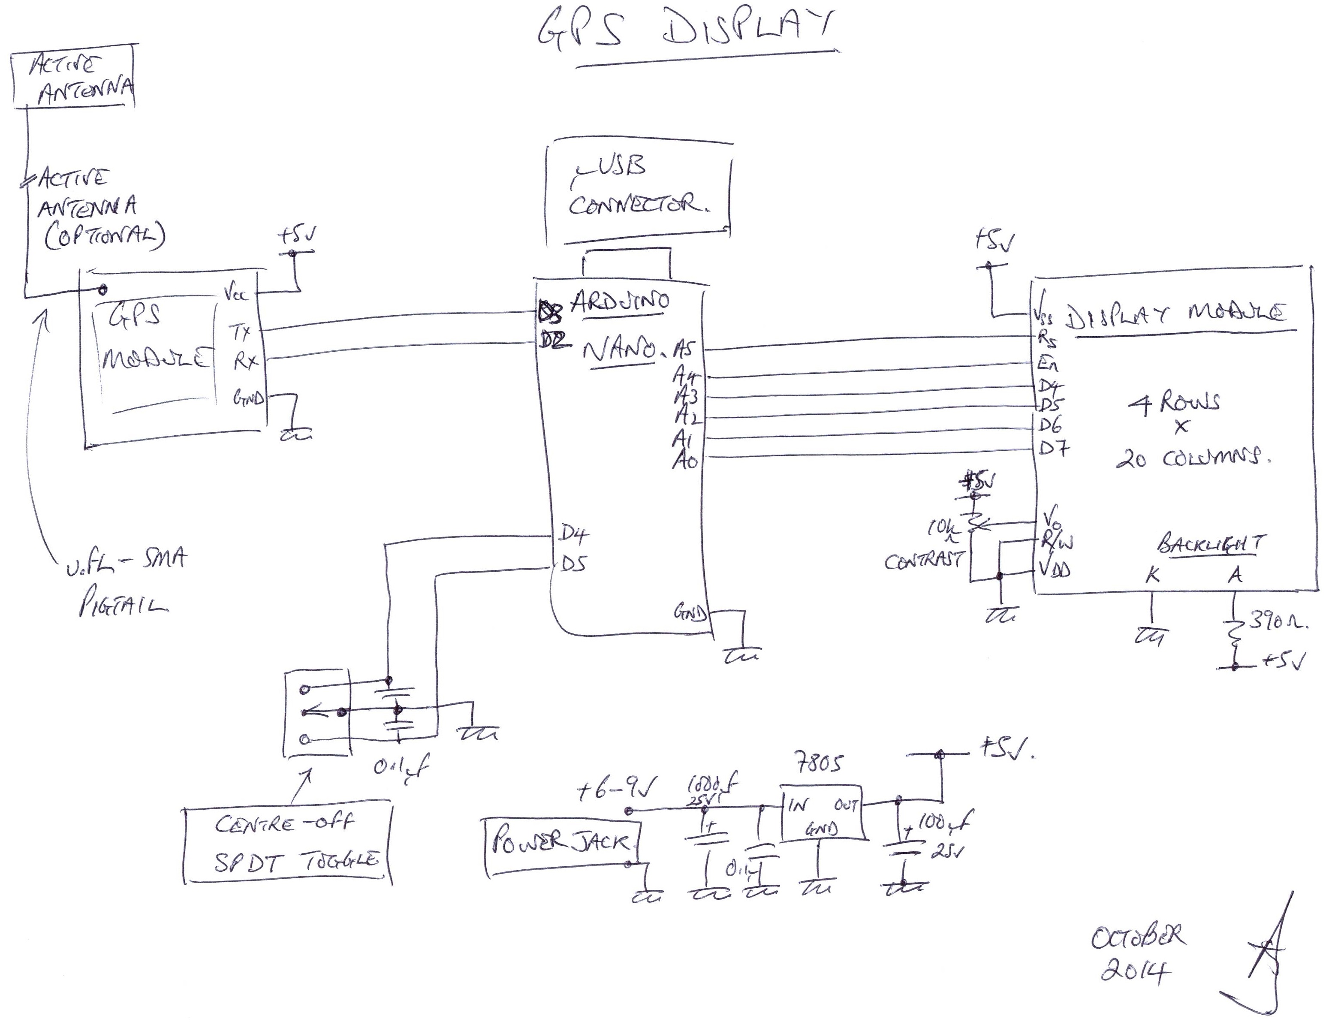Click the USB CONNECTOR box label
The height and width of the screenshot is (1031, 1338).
(637, 187)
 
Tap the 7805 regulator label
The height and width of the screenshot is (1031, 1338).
(819, 763)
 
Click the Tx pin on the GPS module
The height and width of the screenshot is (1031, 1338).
(241, 333)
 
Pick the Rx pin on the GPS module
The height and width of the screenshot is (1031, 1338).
(244, 362)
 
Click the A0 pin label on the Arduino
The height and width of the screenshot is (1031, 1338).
(684, 461)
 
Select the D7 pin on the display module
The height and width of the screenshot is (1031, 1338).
(1053, 449)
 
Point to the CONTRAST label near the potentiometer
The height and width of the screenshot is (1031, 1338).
(924, 561)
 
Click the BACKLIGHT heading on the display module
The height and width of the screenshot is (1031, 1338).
(1211, 544)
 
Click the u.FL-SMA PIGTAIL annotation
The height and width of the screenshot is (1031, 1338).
(126, 582)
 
